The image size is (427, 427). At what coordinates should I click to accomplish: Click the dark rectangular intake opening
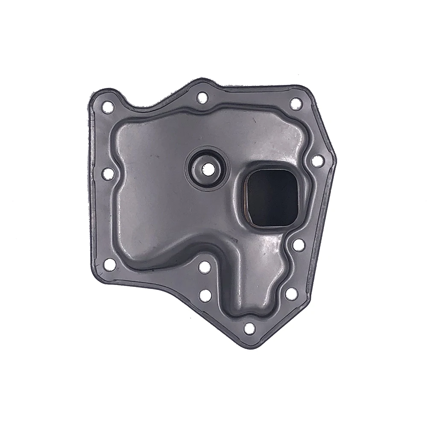coord(272,198)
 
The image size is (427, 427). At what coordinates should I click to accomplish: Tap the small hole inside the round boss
coord(208,168)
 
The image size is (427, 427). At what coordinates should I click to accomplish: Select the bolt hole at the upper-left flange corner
coord(108,106)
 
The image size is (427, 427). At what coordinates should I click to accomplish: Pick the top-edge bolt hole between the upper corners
coord(202,98)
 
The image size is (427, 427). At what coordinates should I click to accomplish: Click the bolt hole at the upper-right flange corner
coord(296,104)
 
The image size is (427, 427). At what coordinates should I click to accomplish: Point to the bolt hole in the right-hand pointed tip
coord(317,161)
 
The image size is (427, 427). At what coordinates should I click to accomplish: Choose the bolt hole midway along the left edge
coord(108,173)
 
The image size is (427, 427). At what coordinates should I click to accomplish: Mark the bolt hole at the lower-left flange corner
coord(109,264)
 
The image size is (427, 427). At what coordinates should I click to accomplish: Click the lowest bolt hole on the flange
coord(249,328)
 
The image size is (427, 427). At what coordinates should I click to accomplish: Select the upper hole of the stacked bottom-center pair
coord(205,267)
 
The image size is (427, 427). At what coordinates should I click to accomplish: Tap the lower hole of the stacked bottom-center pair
coord(205,295)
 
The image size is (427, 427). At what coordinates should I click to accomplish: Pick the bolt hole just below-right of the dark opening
coord(299,245)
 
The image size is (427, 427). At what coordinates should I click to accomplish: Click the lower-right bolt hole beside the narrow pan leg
coord(291,294)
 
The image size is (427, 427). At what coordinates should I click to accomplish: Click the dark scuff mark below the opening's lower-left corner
coord(234,240)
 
